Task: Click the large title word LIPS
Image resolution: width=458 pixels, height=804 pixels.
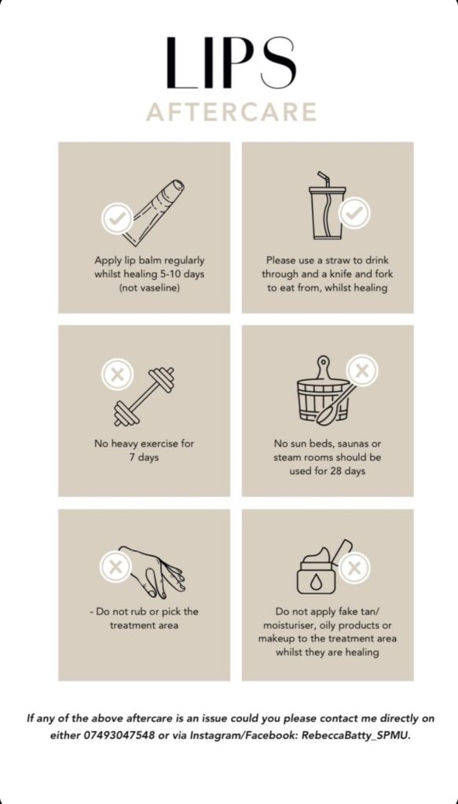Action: tap(231, 63)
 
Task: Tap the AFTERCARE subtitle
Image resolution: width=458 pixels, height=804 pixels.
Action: tap(231, 112)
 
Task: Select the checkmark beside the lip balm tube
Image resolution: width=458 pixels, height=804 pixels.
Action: tap(118, 218)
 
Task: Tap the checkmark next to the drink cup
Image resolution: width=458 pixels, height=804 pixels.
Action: tap(354, 213)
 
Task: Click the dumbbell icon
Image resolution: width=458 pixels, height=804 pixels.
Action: tap(144, 397)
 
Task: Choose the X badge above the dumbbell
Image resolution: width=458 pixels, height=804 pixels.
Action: tap(118, 374)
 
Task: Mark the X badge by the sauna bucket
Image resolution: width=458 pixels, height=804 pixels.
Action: tap(362, 371)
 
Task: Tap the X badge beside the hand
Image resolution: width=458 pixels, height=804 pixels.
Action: tap(115, 567)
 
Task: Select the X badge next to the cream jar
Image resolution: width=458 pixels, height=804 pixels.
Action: tap(354, 567)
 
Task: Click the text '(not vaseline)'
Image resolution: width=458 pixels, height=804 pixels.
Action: tap(149, 288)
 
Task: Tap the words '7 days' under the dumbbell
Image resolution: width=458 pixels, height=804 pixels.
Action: tap(144, 458)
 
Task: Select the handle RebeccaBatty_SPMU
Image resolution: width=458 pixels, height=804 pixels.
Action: tap(356, 735)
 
